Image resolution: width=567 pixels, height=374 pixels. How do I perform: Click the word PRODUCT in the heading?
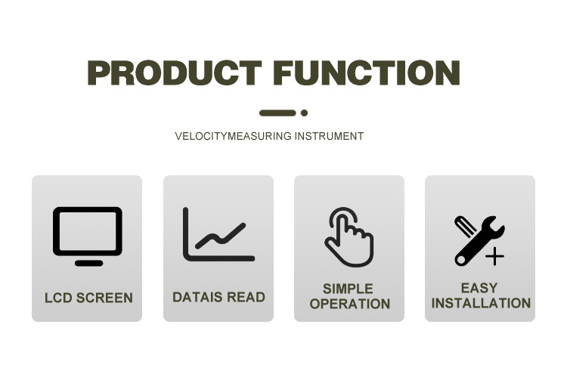(x=175, y=73)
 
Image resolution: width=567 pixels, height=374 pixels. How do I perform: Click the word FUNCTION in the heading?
(x=367, y=73)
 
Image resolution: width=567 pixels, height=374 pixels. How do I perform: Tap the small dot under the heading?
(x=304, y=113)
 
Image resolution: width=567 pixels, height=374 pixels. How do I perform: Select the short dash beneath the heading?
(x=277, y=113)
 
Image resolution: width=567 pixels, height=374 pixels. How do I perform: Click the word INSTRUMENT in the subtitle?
(x=329, y=136)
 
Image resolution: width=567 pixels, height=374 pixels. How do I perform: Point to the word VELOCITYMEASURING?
(x=233, y=136)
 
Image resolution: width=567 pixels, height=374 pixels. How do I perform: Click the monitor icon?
(x=88, y=236)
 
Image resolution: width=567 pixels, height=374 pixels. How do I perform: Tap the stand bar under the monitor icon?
(x=89, y=263)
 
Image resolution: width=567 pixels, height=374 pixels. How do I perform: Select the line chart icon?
(x=219, y=234)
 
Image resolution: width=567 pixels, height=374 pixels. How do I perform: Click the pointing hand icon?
(x=349, y=236)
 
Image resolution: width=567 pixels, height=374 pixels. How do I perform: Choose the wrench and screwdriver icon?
(x=479, y=241)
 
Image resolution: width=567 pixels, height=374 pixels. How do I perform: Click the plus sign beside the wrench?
(x=494, y=256)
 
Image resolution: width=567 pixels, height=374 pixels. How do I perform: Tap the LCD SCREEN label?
(x=88, y=298)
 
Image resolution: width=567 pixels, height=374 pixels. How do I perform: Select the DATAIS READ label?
(x=218, y=298)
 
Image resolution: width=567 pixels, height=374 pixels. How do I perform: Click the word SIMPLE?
(x=348, y=289)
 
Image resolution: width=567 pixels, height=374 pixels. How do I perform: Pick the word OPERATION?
(x=350, y=304)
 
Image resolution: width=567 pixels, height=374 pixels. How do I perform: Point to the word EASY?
(x=479, y=288)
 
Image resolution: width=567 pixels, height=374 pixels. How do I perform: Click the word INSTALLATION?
(x=481, y=303)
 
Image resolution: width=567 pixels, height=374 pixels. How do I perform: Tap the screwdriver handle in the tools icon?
(x=466, y=227)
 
